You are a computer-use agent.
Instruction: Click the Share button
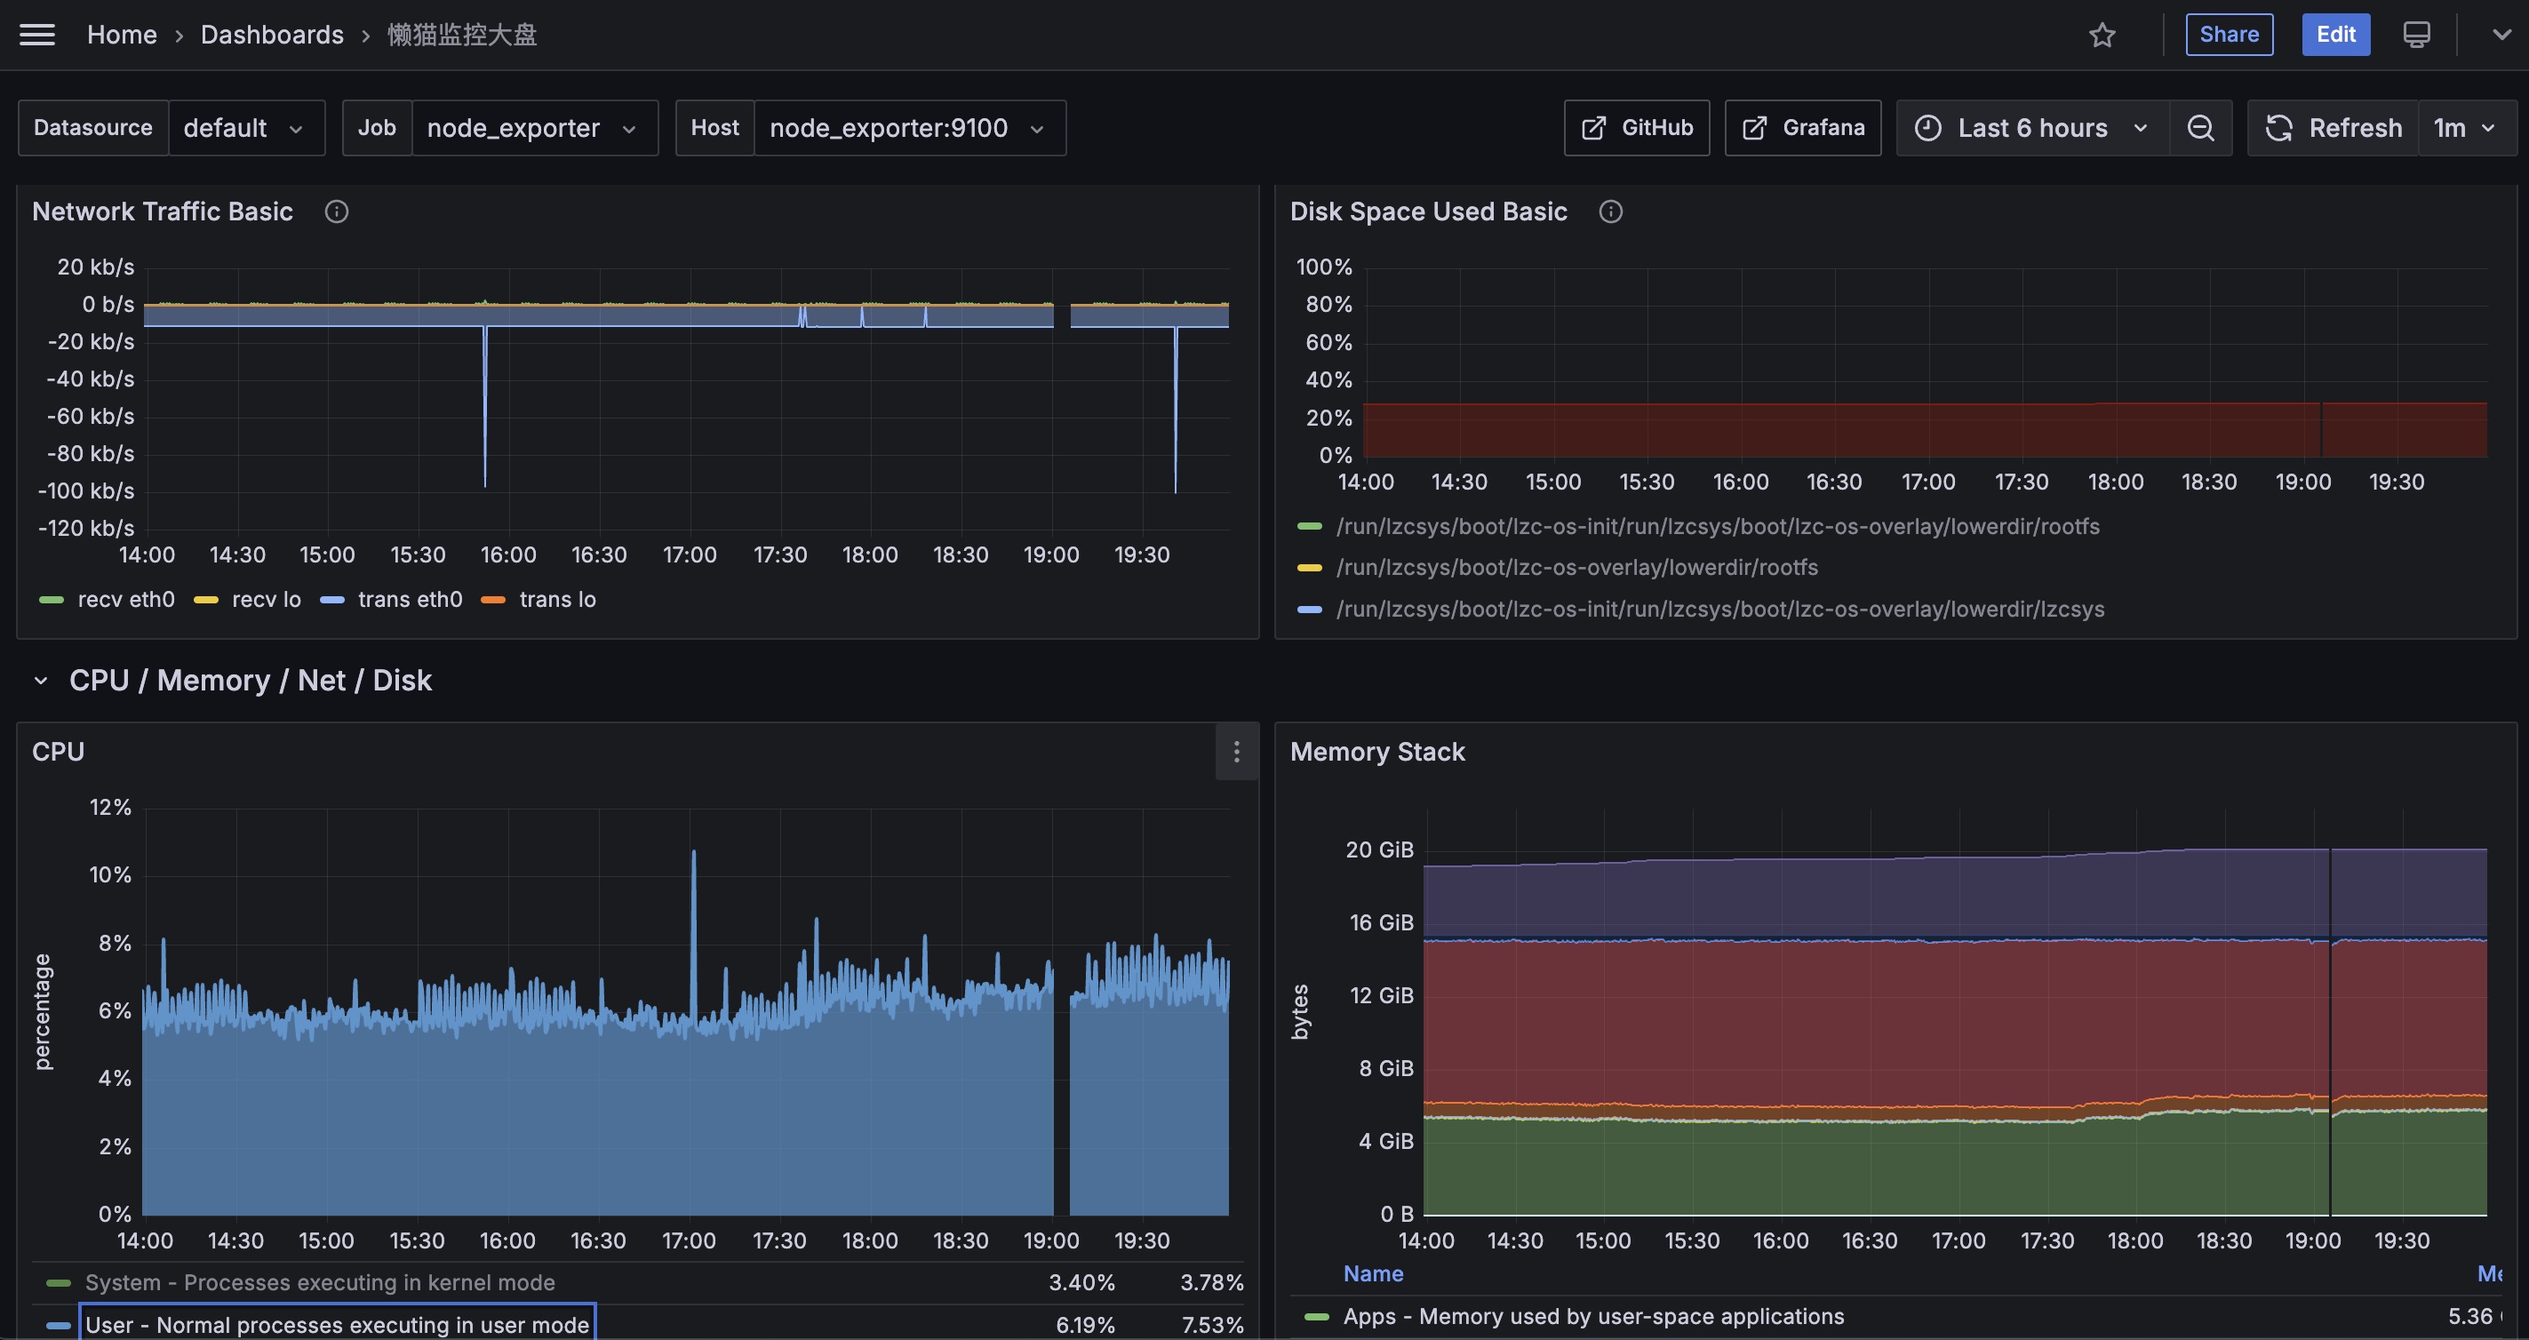pyautogui.click(x=2229, y=35)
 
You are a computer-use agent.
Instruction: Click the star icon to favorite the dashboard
pyautogui.click(x=2102, y=36)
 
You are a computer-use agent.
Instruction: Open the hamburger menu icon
pyautogui.click(x=37, y=35)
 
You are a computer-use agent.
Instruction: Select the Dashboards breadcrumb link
pyautogui.click(x=272, y=35)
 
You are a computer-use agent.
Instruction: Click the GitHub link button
pyautogui.click(x=1637, y=128)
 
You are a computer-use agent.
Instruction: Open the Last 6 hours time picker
pyautogui.click(x=2032, y=128)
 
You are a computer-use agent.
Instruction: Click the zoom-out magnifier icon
pyautogui.click(x=2200, y=128)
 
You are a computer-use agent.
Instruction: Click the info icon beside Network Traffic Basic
pyautogui.click(x=337, y=211)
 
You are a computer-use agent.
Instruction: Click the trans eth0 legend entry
pyautogui.click(x=392, y=599)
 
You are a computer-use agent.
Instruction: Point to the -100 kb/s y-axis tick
pyautogui.click(x=86, y=491)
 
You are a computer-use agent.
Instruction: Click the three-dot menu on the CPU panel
pyautogui.click(x=1237, y=752)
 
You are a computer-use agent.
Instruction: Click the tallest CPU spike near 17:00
pyautogui.click(x=694, y=851)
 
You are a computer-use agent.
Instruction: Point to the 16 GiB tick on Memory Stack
pyautogui.click(x=1381, y=922)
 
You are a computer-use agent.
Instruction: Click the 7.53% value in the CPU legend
pyautogui.click(x=1211, y=1324)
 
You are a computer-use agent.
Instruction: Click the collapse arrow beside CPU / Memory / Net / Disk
pyautogui.click(x=40, y=681)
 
